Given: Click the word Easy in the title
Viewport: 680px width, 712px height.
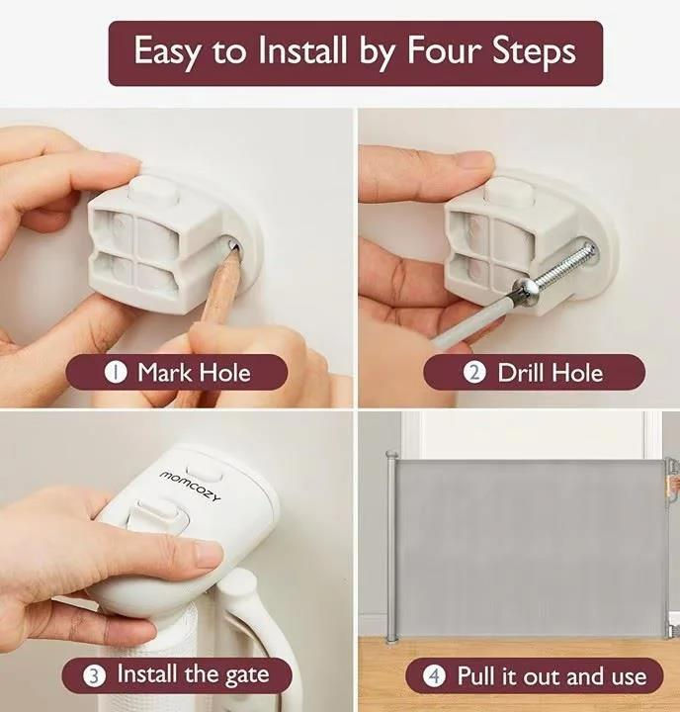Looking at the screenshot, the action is tap(166, 51).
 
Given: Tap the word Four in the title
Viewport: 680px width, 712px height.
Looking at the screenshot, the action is tap(443, 49).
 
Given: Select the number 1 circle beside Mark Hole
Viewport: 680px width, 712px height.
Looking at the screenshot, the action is tap(116, 373).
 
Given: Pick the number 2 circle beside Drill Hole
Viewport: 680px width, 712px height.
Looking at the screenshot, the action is tap(474, 373).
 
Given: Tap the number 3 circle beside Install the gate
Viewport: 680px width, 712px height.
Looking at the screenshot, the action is tap(94, 675).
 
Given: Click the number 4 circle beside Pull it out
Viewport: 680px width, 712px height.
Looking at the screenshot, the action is tap(435, 676).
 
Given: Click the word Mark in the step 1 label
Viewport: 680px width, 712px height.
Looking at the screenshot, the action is tap(165, 373).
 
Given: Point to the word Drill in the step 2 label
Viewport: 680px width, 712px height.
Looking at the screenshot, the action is tap(521, 373).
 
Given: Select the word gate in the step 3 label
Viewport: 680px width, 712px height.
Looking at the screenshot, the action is tap(247, 675).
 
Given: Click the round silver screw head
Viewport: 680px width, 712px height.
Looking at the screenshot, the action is tap(524, 289).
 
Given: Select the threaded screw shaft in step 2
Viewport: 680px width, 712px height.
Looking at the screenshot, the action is tap(564, 267).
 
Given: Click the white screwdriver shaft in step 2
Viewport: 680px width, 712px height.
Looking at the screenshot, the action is tap(472, 317).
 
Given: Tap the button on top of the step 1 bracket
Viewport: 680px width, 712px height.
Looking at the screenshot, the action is tap(153, 189).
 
